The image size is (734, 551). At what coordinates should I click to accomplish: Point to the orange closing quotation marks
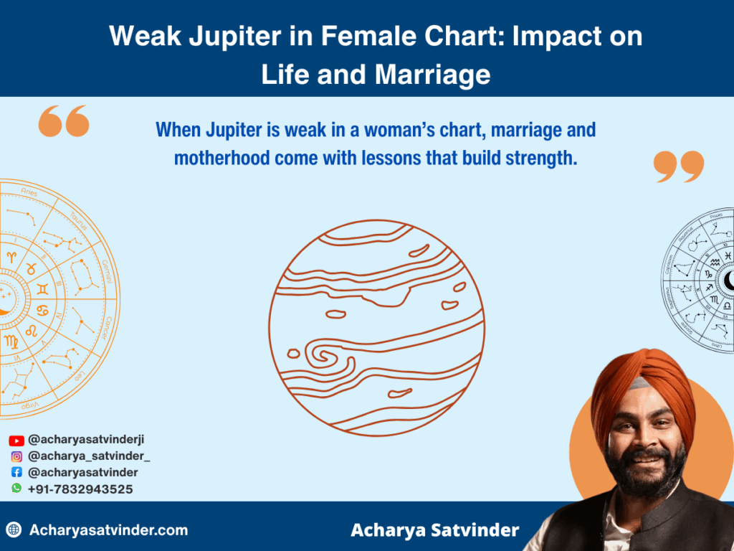pyautogui.click(x=678, y=166)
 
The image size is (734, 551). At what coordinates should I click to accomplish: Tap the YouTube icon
pyautogui.click(x=16, y=441)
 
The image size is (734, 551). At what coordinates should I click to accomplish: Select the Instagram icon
pyautogui.click(x=16, y=456)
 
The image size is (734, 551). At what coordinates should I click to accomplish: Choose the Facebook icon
pyautogui.click(x=16, y=473)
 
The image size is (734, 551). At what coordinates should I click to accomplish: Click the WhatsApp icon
pyautogui.click(x=16, y=489)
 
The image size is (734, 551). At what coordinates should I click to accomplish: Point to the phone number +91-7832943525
pyautogui.click(x=80, y=489)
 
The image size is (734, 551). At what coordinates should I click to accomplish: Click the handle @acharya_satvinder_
pyautogui.click(x=89, y=456)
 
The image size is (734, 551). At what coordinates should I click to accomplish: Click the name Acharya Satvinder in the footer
pyautogui.click(x=434, y=531)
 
